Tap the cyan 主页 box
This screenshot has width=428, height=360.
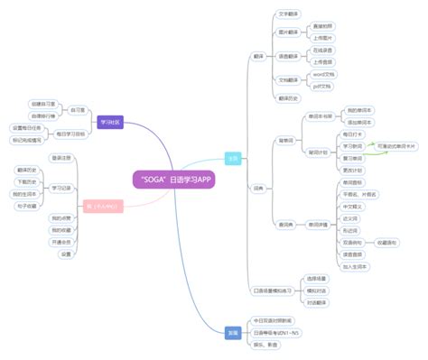[x=233, y=158]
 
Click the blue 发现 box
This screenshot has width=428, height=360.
[x=233, y=332]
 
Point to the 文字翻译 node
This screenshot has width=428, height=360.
[x=288, y=14]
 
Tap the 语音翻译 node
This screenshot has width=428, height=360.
[x=288, y=56]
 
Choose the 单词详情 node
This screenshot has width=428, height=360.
[x=320, y=224]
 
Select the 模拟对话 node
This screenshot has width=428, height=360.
[x=316, y=291]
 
